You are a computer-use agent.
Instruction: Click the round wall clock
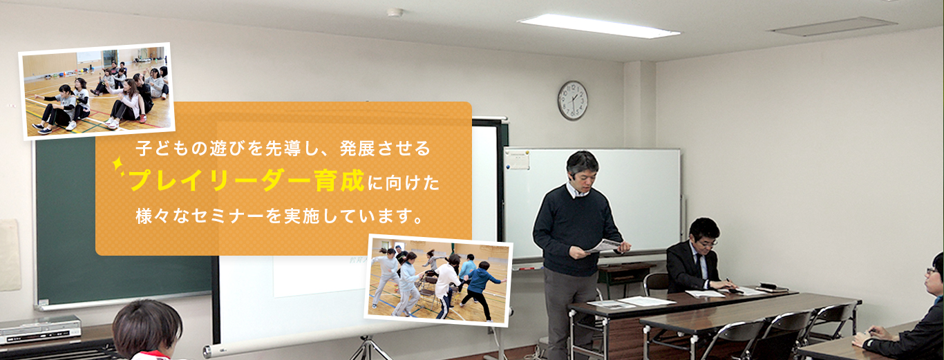click(x=573, y=100)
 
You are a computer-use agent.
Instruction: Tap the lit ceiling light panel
click(x=598, y=26)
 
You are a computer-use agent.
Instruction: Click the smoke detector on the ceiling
click(x=395, y=12)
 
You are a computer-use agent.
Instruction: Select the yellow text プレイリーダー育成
click(x=247, y=181)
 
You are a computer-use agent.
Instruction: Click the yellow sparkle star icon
click(x=118, y=165)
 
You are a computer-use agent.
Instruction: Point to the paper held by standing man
click(x=603, y=246)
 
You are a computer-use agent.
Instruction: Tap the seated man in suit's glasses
click(x=708, y=243)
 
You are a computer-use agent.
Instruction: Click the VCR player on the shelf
click(x=40, y=330)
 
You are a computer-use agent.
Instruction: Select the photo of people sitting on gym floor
click(x=97, y=91)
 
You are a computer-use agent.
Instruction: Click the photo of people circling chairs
click(x=438, y=281)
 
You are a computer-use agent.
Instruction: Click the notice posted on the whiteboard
click(x=517, y=160)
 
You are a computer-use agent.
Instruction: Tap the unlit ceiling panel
click(x=834, y=26)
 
